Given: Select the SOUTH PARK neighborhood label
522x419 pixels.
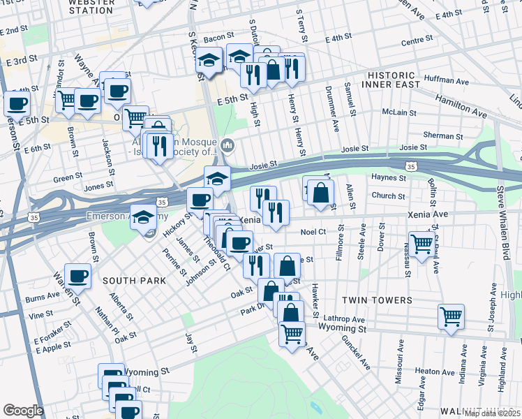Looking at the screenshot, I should point(134,280).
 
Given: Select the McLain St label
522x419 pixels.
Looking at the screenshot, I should point(399,112).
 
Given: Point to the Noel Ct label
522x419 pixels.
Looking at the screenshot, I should point(313,231).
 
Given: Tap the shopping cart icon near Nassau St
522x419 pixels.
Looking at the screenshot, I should point(422,245).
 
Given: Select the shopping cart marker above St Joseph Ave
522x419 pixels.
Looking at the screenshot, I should point(451,316).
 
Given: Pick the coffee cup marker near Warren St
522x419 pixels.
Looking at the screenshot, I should point(77,275).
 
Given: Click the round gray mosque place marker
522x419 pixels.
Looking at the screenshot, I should point(228,145).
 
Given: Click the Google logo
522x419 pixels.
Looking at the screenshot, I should point(23,411).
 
